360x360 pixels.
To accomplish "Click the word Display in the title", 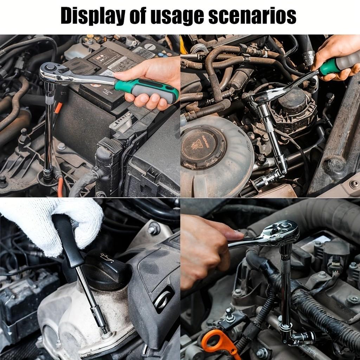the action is pos(93,15).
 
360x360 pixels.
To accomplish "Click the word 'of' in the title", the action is pos(138,15).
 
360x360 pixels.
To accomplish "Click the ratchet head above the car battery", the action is pos(53,73).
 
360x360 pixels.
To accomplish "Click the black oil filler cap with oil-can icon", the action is pos(104,268).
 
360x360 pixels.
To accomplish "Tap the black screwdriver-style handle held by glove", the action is pos(68,240).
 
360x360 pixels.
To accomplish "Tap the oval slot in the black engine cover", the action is pos(163,300).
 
